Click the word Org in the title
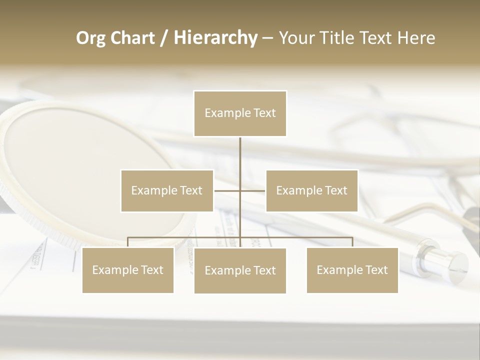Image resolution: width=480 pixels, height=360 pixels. tap(91, 38)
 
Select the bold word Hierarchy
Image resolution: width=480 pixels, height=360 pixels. tap(215, 38)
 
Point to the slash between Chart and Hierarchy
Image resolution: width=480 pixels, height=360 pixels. tap(164, 38)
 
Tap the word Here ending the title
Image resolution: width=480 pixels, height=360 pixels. tap(416, 38)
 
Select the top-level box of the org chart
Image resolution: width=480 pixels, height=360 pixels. tap(240, 113)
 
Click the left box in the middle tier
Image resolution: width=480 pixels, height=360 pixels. tap(167, 190)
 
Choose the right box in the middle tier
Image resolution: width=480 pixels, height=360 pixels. tap(312, 190)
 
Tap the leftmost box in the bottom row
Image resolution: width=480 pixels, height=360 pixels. tap(128, 270)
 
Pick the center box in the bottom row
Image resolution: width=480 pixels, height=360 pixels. tap(240, 270)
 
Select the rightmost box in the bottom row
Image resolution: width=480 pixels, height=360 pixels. tap(352, 270)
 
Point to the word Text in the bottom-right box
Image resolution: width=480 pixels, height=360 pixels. tap(375, 270)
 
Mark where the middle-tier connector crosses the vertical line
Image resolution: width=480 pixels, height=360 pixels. tap(240, 190)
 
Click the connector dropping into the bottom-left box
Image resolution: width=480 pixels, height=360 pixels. tap(128, 242)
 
